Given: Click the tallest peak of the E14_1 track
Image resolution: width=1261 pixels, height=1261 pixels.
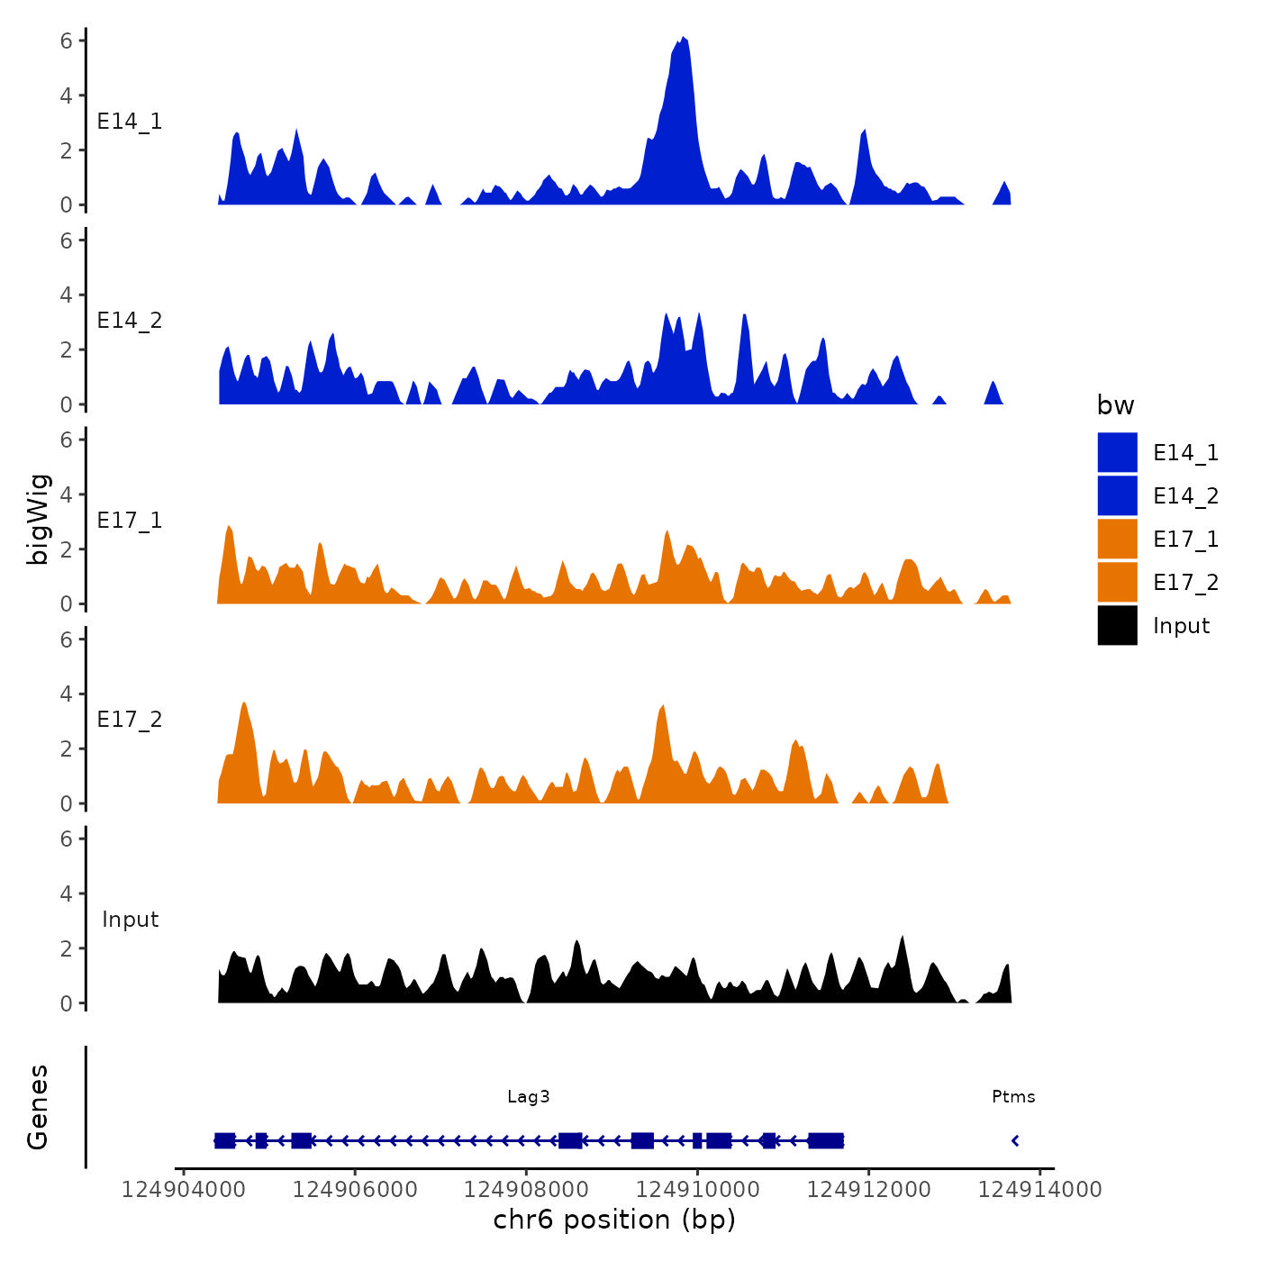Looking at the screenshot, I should tap(684, 39).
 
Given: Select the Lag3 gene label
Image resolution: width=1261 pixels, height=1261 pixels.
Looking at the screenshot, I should tap(528, 1096).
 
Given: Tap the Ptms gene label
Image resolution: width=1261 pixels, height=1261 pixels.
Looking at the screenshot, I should tap(1013, 1096).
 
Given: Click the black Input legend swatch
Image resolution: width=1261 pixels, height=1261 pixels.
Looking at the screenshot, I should tap(1117, 625).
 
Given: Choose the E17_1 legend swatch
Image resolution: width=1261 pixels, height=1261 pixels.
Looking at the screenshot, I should tap(1117, 539).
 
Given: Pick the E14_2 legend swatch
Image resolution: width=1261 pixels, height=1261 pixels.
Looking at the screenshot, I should tap(1117, 495).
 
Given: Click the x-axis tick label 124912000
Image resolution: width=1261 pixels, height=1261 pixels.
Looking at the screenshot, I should tap(868, 1189).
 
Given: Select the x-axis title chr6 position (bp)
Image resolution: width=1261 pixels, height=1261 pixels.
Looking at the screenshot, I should tap(614, 1220).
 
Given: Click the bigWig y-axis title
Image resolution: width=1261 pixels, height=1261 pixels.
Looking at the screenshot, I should tap(38, 519).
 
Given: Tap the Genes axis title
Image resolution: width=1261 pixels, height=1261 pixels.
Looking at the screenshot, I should tap(38, 1107).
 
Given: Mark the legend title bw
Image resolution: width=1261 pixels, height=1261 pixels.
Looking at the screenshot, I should tap(1115, 405).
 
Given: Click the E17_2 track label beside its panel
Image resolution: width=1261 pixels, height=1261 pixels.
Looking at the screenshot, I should tap(130, 719).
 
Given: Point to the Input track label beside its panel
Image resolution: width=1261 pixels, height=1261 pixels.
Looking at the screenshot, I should tap(130, 919).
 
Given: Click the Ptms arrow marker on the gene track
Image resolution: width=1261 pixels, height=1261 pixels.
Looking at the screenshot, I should tap(1015, 1140).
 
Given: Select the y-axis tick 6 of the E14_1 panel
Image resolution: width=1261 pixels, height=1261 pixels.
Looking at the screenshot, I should tap(67, 41).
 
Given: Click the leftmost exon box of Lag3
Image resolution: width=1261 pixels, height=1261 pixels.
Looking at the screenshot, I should tap(224, 1140).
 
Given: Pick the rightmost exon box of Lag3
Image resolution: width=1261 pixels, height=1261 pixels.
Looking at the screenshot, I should tap(826, 1140).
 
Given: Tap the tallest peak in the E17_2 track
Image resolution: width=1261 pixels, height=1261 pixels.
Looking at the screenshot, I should tap(244, 703).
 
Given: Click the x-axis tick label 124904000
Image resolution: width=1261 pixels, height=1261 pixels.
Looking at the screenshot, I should tap(183, 1189).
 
